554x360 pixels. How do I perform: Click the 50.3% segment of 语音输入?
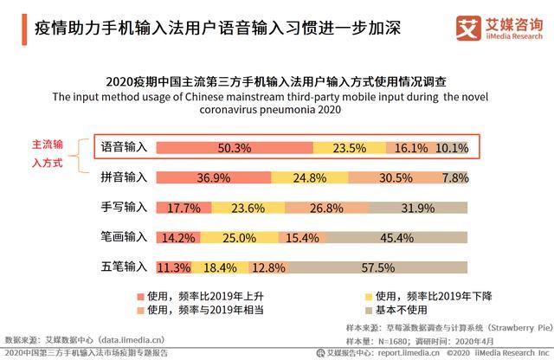coord(235,148)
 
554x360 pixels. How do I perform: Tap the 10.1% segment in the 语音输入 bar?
coord(452,148)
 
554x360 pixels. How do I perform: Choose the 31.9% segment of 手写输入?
coord(421,208)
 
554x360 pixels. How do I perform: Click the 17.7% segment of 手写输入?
coord(184,208)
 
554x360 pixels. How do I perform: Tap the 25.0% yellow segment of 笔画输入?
coord(239,237)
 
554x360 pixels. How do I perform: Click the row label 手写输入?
coord(123,208)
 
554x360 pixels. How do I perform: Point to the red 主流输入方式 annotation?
coord(47,153)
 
